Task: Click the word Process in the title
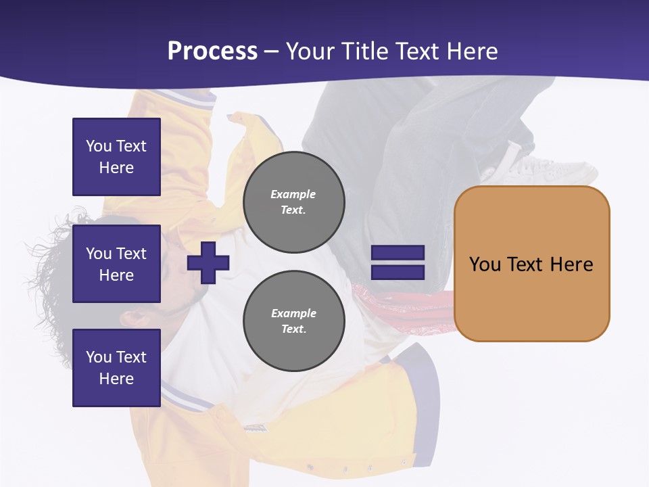tap(212, 51)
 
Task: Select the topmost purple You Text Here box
tap(116, 157)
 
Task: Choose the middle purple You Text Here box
tap(116, 264)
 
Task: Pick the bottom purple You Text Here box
tap(116, 367)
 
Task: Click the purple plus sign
tap(208, 262)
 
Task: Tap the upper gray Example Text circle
tap(293, 202)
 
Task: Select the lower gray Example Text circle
tap(293, 321)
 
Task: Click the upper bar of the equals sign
tap(398, 253)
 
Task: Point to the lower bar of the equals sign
tap(398, 272)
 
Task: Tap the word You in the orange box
tap(485, 264)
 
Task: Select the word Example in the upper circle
tap(293, 194)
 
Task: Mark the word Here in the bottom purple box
tap(116, 379)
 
